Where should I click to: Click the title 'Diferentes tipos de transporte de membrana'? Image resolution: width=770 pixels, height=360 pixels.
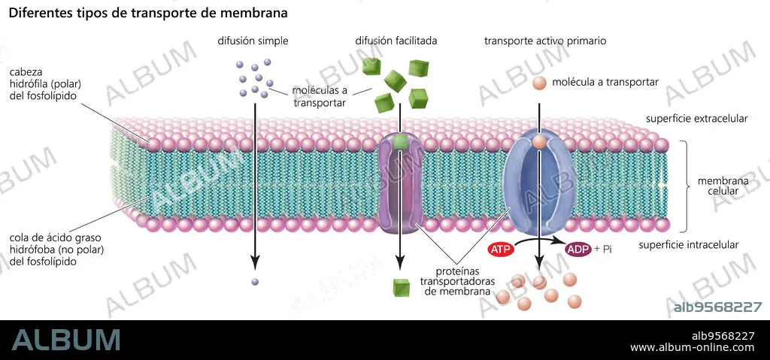point(148,14)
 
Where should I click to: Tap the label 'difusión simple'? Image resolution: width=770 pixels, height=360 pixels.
point(253,41)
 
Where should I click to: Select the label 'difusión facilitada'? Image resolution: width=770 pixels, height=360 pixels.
point(396,41)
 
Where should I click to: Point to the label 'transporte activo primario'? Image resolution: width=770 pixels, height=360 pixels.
point(545,41)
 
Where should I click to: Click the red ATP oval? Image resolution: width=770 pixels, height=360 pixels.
point(501,250)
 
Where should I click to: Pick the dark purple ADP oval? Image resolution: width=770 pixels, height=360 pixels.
point(578,250)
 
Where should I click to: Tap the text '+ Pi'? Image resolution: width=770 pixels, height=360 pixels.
point(603,249)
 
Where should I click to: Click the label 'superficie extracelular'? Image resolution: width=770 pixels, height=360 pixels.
point(696,119)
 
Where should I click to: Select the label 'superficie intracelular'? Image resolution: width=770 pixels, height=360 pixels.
point(689,244)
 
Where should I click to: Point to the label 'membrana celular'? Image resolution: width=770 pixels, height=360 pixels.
point(723,186)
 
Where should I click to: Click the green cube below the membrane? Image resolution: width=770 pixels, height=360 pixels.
point(402,287)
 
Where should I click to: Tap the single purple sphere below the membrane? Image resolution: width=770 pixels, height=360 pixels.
point(254,282)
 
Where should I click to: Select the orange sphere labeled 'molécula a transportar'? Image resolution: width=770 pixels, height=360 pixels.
point(540,83)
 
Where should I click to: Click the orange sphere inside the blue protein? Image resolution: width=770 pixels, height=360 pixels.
point(539,142)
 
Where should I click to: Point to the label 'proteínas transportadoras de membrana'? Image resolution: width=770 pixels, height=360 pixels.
point(457,281)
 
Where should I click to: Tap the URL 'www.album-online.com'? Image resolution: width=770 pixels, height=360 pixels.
point(692,348)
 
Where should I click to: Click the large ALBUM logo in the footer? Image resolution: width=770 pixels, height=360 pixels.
point(66,340)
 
